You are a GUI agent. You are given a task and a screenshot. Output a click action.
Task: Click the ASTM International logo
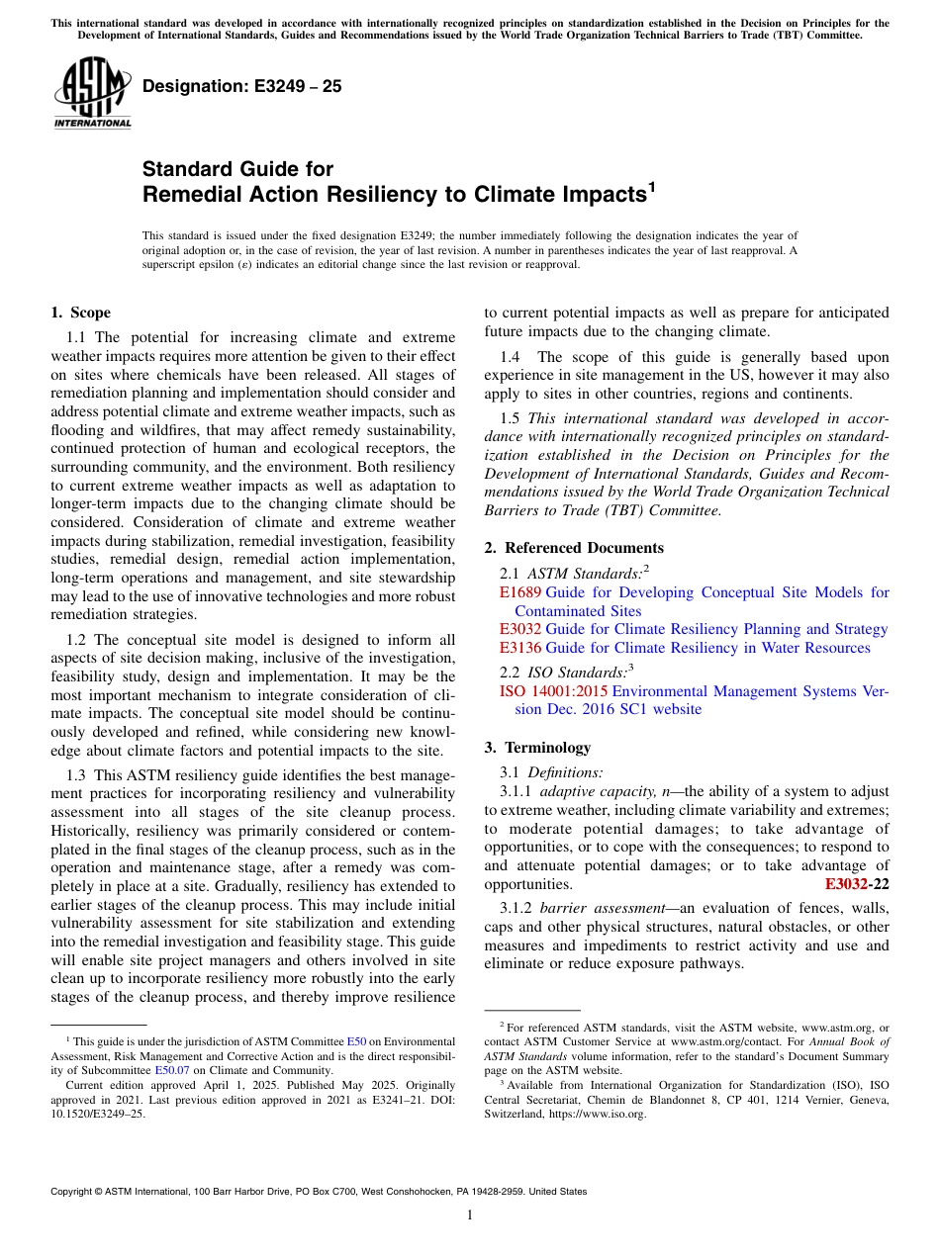point(91,93)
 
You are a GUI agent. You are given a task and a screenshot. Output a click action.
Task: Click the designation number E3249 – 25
point(241,86)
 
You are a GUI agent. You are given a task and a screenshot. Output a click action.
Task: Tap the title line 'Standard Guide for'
point(237,169)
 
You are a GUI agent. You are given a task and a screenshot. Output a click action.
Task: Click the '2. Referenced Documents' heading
point(574,548)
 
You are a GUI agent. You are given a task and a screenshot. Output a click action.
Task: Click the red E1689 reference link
point(520,592)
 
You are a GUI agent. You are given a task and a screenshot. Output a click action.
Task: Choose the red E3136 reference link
point(520,648)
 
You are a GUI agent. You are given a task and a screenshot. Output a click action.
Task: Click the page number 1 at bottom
point(470,1215)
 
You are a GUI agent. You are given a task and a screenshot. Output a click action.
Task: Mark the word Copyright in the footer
point(73,1192)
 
